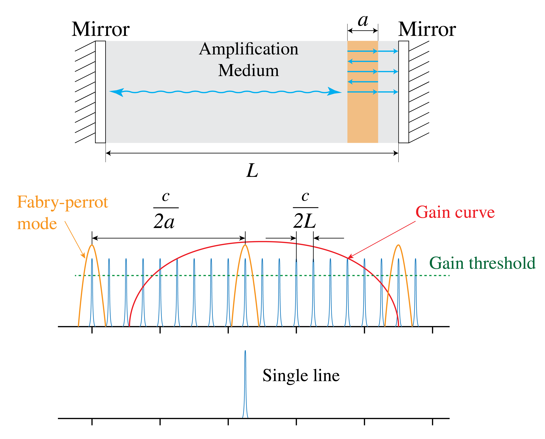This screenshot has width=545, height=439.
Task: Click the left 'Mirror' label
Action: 100,29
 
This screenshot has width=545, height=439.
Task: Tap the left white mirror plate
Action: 100,92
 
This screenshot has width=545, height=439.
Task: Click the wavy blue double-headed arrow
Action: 225,92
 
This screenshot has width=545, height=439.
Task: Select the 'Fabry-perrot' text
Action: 63,202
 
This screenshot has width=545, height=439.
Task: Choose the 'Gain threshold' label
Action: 482,263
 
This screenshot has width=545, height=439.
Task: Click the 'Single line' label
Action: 301,375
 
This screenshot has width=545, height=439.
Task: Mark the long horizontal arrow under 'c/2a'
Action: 169,238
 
